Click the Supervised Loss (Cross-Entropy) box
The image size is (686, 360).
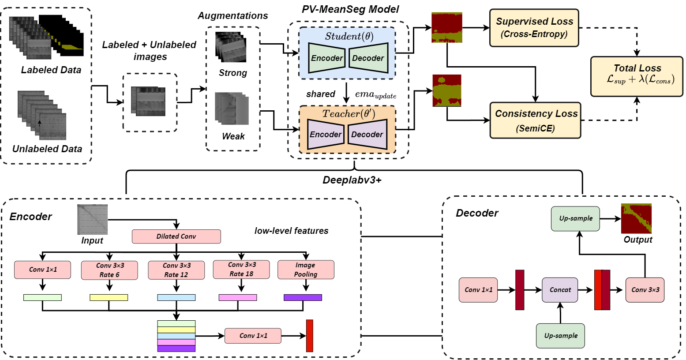tap(534, 28)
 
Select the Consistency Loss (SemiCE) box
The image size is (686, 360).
tap(535, 120)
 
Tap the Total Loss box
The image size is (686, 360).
tap(637, 76)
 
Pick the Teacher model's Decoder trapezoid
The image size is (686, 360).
tap(367, 134)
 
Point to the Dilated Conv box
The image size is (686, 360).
tap(176, 236)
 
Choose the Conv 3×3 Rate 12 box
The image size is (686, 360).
tap(176, 270)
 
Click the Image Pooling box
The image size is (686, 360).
tap(306, 270)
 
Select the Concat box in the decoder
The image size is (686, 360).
tap(560, 290)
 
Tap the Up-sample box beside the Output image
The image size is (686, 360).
tap(575, 218)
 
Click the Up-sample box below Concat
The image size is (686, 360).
tap(560, 336)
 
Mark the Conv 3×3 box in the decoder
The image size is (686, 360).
tap(645, 290)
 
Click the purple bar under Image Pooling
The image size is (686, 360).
tap(303, 297)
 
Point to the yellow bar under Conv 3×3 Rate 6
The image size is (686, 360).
tap(109, 297)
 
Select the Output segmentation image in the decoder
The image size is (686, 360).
tap(636, 219)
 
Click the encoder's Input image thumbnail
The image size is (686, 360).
tap(92, 220)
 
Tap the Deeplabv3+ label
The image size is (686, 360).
tap(352, 180)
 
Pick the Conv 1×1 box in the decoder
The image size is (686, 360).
tap(478, 290)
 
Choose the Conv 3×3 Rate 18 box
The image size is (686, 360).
tap(241, 269)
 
